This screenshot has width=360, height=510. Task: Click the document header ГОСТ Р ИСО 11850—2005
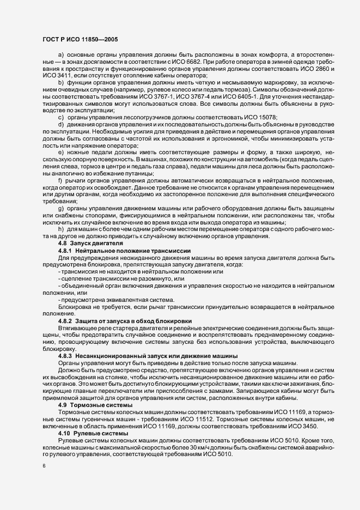pyautogui.click(x=79, y=40)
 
